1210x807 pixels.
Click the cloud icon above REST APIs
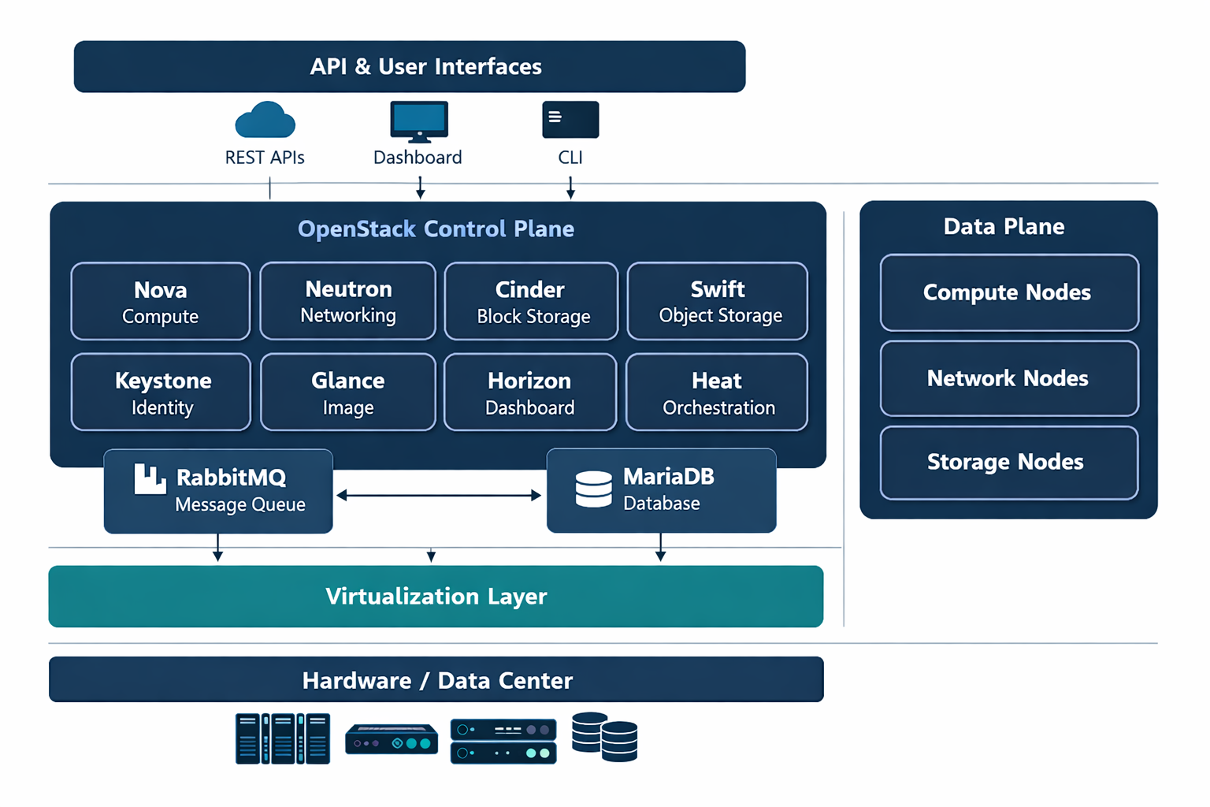(265, 120)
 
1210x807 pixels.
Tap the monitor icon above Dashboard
(419, 121)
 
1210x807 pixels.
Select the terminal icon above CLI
(570, 120)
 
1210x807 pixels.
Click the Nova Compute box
(161, 302)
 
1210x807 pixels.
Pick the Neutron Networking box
(348, 301)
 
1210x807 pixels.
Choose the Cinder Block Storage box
(531, 302)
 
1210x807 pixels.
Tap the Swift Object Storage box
(718, 301)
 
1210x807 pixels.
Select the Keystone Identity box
(161, 392)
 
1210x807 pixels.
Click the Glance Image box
(348, 392)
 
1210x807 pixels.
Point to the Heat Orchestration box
(717, 392)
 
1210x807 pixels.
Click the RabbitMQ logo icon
(150, 479)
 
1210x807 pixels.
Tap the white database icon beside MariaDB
(594, 489)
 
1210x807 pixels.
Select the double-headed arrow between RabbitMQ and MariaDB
(439, 495)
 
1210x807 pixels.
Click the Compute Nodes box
(1009, 293)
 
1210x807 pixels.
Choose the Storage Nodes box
(1009, 463)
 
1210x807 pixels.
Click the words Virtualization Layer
(436, 597)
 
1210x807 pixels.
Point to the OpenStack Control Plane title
(436, 229)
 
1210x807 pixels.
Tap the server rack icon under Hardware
(283, 738)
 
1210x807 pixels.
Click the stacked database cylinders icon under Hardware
(604, 737)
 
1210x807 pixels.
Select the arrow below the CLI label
(570, 188)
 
